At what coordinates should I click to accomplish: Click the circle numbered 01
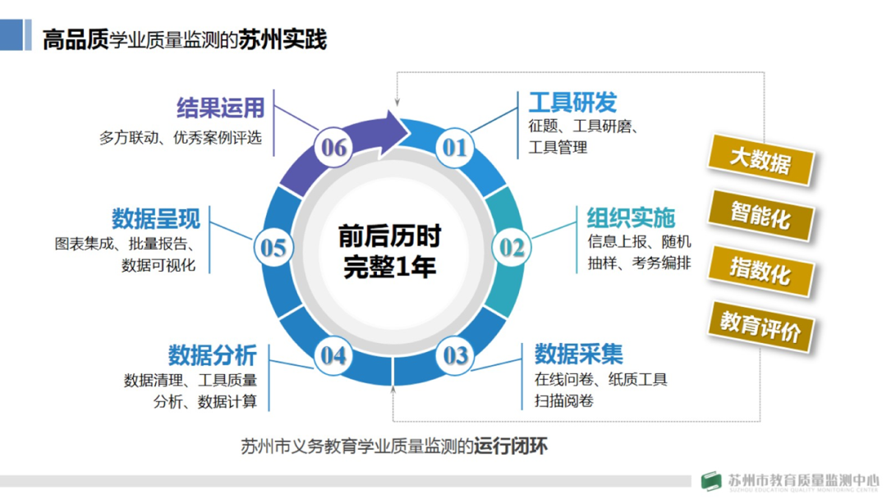tap(454, 147)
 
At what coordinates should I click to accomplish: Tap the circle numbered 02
tap(512, 247)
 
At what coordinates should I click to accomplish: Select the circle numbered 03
tap(455, 355)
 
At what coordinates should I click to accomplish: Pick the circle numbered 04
tap(333, 355)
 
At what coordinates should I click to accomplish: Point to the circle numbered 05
tap(273, 248)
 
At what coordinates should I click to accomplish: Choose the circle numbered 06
tap(334, 147)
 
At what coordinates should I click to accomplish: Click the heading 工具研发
tap(572, 103)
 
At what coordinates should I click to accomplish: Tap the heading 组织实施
tap(631, 217)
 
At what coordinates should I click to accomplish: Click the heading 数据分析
tap(213, 355)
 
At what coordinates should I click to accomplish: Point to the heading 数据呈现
tap(156, 218)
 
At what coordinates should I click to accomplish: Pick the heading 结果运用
tap(220, 108)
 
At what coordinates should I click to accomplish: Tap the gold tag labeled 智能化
tap(760, 216)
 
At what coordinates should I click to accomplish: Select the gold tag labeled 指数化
tap(760, 270)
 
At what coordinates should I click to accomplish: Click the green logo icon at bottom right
tap(712, 481)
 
